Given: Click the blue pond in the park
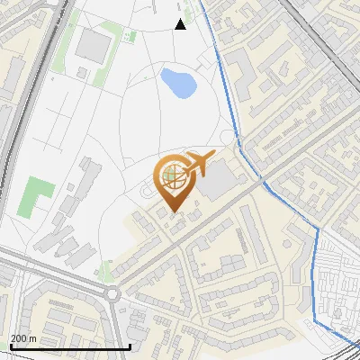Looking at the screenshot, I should tap(178, 84).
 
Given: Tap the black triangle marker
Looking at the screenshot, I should tap(181, 24).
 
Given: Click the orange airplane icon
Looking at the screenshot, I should tap(199, 164).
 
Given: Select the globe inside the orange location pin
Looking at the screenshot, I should tap(172, 178).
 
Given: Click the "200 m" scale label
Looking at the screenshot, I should tap(24, 338).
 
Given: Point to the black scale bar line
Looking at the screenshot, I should tap(69, 346).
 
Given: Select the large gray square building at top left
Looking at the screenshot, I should tap(94, 43).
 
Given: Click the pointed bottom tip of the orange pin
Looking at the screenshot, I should tap(172, 212).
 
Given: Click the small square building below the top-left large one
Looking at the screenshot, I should tap(83, 72).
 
